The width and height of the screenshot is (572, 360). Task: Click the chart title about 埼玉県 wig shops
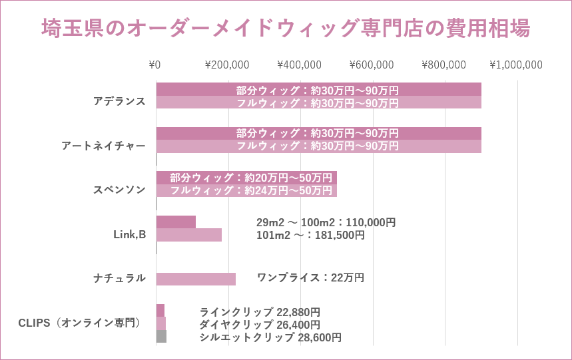click(286, 29)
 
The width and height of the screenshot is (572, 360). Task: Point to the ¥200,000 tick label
click(227, 65)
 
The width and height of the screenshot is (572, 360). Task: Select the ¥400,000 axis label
click(299, 65)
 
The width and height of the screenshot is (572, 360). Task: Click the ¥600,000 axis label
click(372, 65)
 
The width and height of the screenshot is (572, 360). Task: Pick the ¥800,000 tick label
click(443, 65)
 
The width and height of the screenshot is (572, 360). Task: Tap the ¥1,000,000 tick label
click(516, 65)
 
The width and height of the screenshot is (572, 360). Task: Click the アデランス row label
click(119, 102)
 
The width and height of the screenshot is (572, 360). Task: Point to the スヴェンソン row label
click(119, 190)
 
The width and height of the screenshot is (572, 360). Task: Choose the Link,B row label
click(130, 234)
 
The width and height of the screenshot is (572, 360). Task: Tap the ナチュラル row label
click(119, 278)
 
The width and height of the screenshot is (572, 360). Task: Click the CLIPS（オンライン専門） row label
click(79, 323)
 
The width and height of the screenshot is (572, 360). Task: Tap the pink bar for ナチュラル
click(196, 279)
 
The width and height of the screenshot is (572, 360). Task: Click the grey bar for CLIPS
click(161, 336)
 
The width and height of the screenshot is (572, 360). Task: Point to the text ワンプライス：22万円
click(310, 277)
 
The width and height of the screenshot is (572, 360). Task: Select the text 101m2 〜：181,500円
click(310, 235)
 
